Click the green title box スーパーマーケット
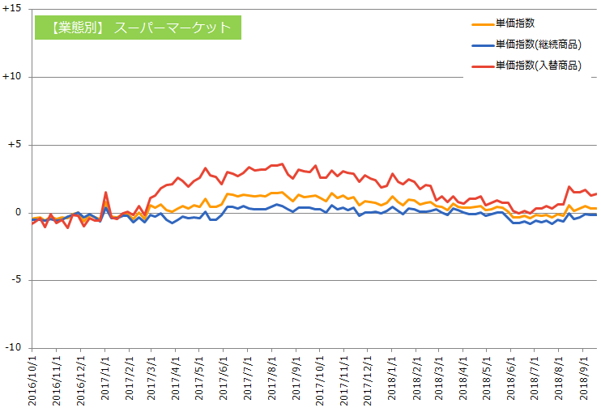tap(137, 28)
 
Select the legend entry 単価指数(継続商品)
tap(539, 45)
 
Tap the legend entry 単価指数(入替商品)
tap(539, 66)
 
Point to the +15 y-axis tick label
tap(13, 10)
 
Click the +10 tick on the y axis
tap(13, 77)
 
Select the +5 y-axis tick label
tap(16, 145)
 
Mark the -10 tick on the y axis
tap(15, 348)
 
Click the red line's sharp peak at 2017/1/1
tap(106, 193)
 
